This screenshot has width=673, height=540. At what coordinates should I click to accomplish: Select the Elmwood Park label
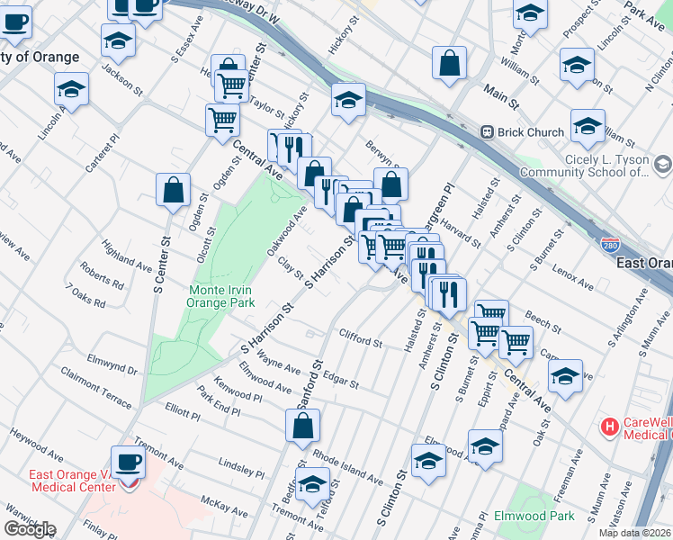[x=534, y=517]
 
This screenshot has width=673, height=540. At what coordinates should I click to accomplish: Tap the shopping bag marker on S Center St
[x=173, y=190]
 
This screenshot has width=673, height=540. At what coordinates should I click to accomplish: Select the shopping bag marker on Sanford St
[x=303, y=425]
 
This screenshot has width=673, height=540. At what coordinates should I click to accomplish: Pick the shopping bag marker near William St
[x=449, y=63]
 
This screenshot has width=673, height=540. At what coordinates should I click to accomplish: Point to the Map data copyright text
[x=635, y=533]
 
